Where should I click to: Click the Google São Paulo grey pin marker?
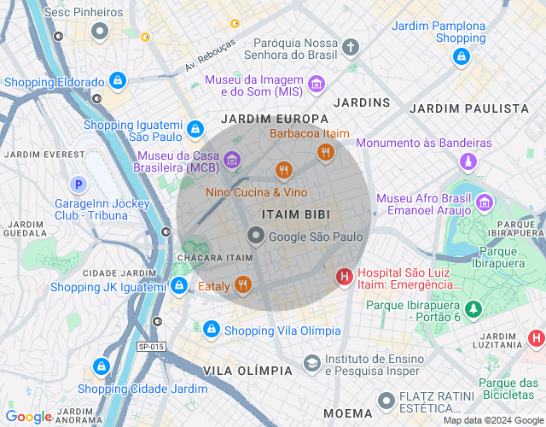point(255,235)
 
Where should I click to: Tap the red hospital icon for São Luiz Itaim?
point(344,277)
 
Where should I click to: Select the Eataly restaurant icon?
point(244,285)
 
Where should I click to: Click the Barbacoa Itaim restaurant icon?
point(325,152)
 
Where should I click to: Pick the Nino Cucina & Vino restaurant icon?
point(283,171)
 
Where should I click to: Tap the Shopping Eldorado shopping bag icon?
point(118,82)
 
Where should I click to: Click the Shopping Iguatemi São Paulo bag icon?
point(195,129)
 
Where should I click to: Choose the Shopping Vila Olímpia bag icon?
point(211,329)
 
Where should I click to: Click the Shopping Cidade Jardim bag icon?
point(102,366)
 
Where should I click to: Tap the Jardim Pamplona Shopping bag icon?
point(462,56)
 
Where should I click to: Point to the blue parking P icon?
point(78,184)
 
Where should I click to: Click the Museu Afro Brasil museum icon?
point(485,202)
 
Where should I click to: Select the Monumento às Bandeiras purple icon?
point(468,161)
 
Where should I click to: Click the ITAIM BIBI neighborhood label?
point(295,213)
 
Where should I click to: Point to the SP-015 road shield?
point(150,346)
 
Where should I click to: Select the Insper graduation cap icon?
point(311,363)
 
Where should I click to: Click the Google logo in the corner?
point(29,417)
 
